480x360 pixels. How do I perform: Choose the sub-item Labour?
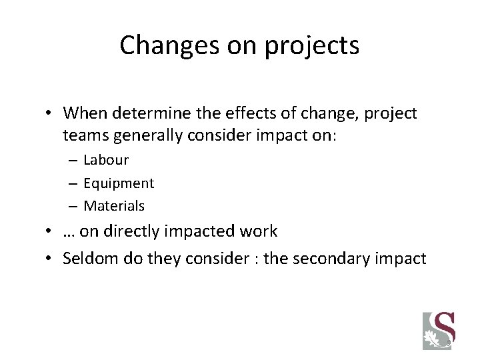point(106,160)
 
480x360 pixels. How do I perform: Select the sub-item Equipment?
point(119,183)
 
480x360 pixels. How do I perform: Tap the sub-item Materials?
point(114,205)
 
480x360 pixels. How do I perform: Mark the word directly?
point(131,231)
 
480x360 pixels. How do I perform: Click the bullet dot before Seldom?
point(51,257)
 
